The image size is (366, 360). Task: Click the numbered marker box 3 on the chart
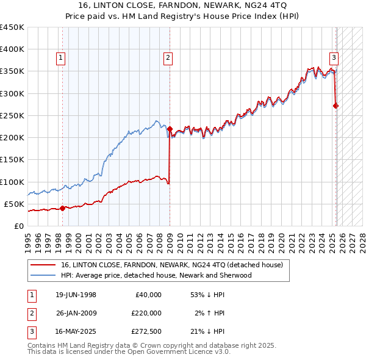point(334,58)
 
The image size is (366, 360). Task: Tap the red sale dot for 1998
point(62,208)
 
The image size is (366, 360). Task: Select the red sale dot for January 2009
point(170,129)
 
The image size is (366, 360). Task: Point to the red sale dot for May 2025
point(336,106)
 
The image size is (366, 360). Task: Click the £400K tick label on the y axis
point(12,49)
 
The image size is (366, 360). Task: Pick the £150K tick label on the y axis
point(12,160)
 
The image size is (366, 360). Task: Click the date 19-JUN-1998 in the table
point(76,295)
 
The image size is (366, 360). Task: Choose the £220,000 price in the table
point(146,313)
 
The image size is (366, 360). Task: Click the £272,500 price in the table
point(146,331)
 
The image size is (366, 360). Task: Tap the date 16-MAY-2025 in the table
point(76,331)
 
